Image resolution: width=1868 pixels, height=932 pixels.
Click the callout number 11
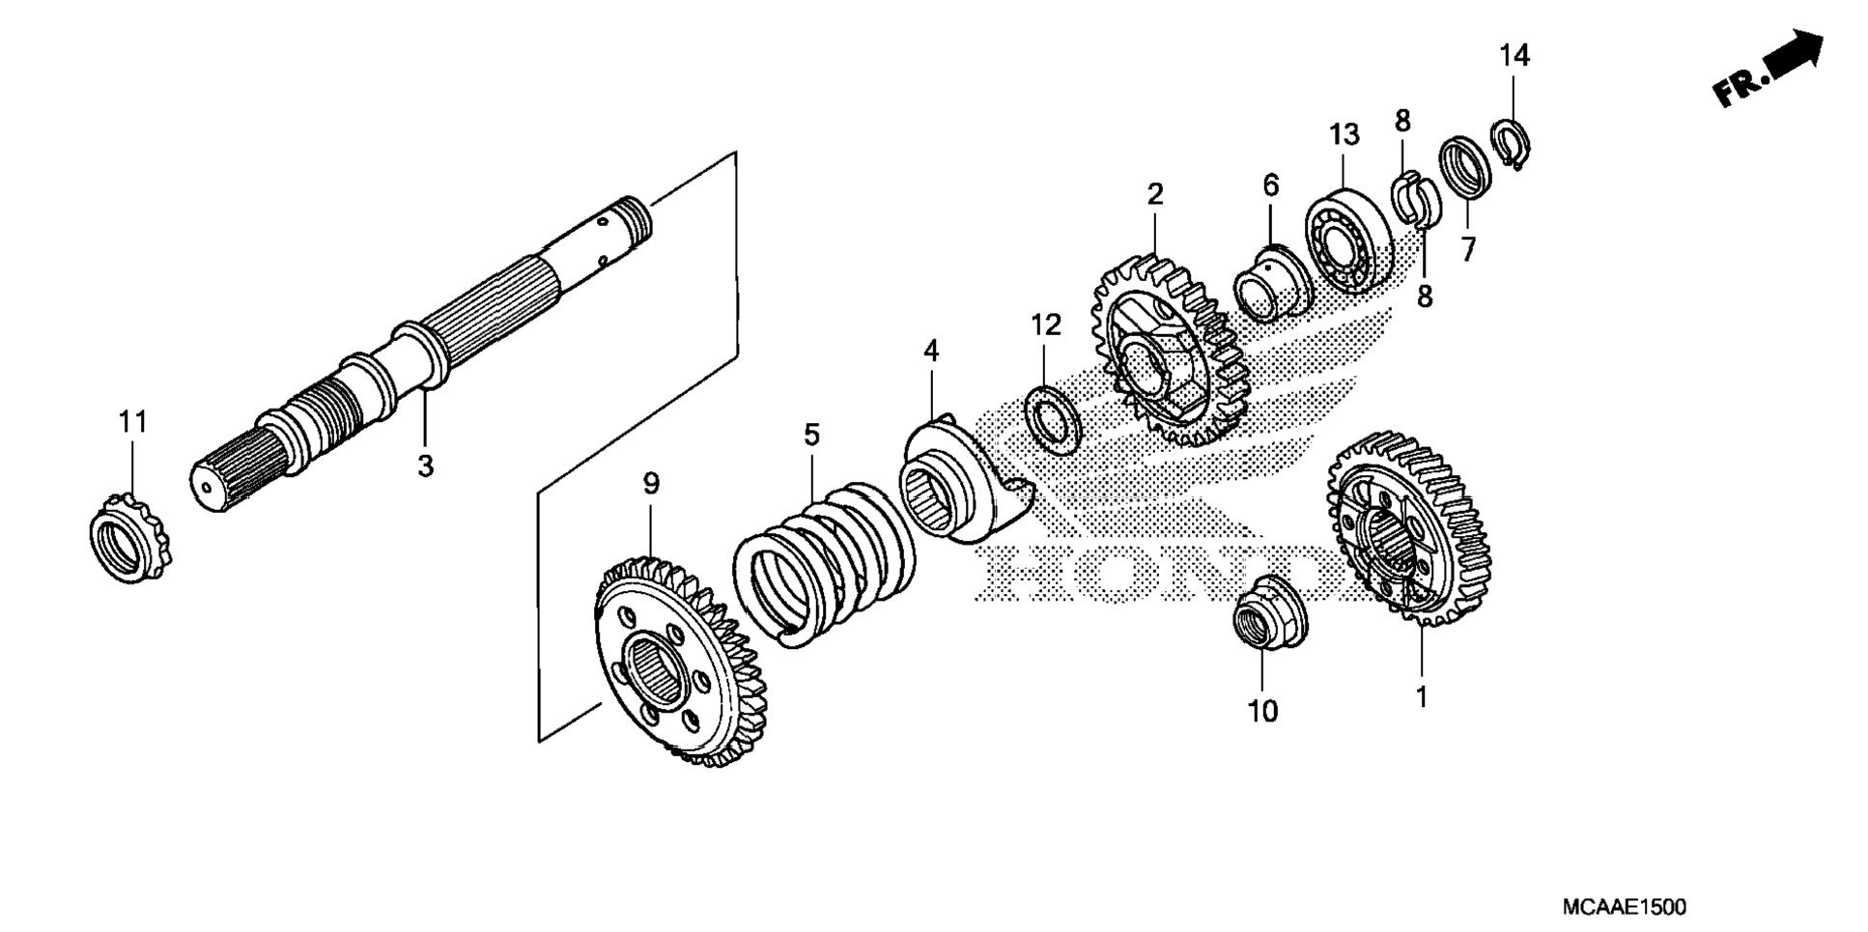point(133,422)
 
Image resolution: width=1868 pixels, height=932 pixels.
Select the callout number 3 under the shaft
point(425,466)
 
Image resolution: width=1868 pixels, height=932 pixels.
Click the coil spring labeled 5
point(824,564)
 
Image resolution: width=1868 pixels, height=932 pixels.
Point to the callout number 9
point(650,484)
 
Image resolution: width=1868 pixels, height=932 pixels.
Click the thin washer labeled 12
point(1052,419)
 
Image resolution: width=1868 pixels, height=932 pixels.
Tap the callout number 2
point(1155,194)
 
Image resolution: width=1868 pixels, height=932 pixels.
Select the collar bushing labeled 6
point(1272,284)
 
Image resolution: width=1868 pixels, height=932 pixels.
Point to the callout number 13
point(1344,135)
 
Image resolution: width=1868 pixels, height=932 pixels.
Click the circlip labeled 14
point(1511,142)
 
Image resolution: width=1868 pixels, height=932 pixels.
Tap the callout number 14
point(1514,56)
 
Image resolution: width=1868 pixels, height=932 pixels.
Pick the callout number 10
point(1262,712)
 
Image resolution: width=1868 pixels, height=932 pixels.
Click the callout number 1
point(1421,696)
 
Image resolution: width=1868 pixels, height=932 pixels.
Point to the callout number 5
point(811,436)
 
